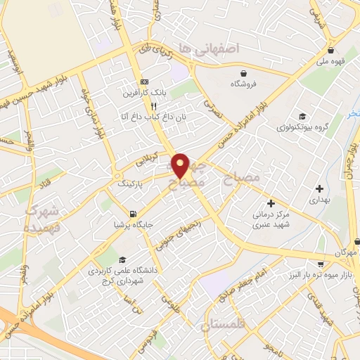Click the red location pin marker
(181, 165)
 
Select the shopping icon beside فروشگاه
(243, 72)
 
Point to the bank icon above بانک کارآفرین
(144, 80)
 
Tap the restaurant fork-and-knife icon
(154, 106)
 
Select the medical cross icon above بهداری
(320, 188)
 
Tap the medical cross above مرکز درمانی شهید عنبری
(271, 203)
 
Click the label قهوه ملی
(330, 61)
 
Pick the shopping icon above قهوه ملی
(330, 50)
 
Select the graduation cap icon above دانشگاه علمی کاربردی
(124, 259)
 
